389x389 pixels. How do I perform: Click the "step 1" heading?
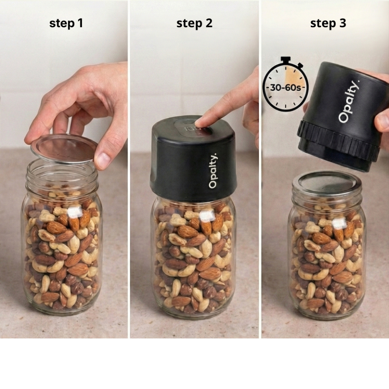[66, 23]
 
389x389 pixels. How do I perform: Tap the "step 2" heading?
[194, 23]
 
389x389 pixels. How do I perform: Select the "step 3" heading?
[328, 23]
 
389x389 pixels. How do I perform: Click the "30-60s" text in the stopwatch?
[285, 88]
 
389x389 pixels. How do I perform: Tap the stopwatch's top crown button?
[286, 60]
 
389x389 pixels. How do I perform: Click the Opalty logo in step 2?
[213, 171]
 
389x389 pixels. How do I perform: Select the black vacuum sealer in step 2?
[193, 159]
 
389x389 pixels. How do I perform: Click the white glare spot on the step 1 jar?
[75, 212]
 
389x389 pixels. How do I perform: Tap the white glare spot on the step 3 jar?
[339, 222]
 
